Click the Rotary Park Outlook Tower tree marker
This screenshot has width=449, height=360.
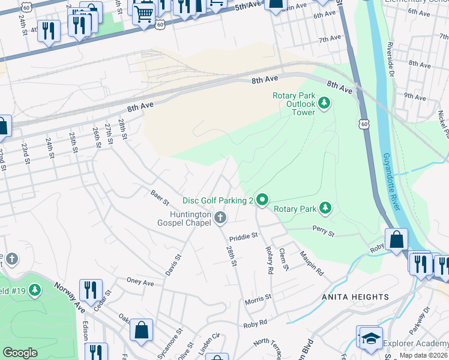pos(324,103)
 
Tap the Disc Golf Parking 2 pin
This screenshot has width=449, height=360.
pos(262,199)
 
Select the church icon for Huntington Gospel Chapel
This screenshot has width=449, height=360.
pos(220,217)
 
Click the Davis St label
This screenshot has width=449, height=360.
pos(174,266)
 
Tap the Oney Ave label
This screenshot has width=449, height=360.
pos(140,281)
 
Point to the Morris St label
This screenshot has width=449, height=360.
pos(258,297)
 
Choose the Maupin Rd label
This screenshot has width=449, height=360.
pos(313,263)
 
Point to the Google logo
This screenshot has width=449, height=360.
pos(20,353)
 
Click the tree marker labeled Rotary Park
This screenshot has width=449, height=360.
pos(325,208)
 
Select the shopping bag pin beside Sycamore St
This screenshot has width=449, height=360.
pos(141,329)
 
